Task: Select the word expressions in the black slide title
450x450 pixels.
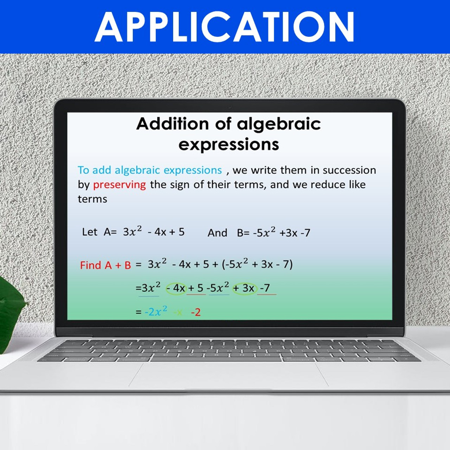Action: [x=229, y=144]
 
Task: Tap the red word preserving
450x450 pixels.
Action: [x=120, y=185]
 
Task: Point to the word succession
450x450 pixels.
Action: [x=349, y=170]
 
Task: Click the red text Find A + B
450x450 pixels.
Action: [x=105, y=265]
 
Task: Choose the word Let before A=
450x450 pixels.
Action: [x=89, y=232]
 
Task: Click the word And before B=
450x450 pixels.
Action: [x=217, y=233]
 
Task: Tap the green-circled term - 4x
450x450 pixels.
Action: [x=176, y=288]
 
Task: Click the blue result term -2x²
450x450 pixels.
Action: [x=156, y=311]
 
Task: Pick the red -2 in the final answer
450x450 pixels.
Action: [x=196, y=312]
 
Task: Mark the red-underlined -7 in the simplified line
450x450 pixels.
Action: [x=265, y=288]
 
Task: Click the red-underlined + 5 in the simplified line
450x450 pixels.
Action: [x=196, y=288]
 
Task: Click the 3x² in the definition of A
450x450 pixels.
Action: [x=132, y=231]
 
